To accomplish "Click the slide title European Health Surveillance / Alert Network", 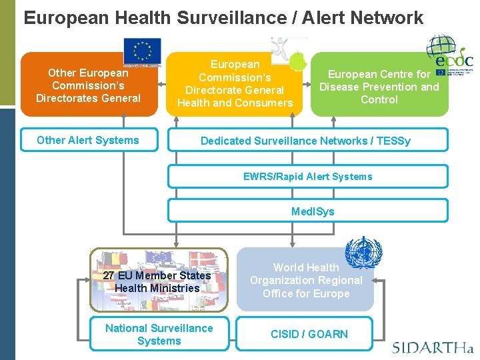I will point(223,18).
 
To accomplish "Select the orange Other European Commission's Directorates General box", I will point(88,85).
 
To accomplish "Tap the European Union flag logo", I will point(143,51).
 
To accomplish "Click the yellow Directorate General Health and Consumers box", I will point(235,84).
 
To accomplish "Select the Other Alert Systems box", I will point(88,140).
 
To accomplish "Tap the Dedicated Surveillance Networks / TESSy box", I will point(305,141).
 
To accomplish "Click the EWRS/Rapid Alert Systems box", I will point(307,177).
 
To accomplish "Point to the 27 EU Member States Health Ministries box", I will point(157,281).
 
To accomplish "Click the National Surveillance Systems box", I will point(159,334).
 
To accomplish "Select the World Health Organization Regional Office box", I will point(305,281).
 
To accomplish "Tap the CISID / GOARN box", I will point(309,334).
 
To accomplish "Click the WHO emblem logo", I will point(364,253).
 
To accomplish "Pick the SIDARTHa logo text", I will point(432,347).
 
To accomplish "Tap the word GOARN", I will point(329,334).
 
